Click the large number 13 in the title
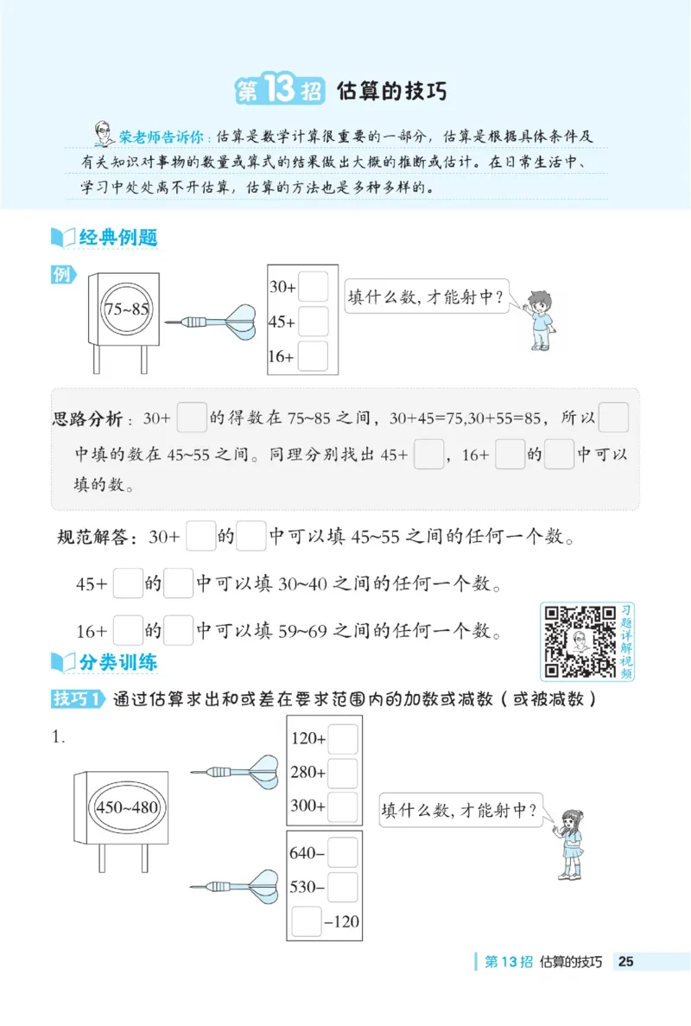tap(279, 91)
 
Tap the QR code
tap(578, 640)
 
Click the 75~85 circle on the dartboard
tap(127, 308)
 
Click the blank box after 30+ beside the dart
tap(313, 287)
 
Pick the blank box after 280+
tap(343, 773)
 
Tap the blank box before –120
tap(307, 921)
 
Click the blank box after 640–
tap(342, 852)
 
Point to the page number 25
tap(626, 961)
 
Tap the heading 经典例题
tap(117, 237)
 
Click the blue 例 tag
tap(63, 275)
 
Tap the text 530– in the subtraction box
tap(307, 886)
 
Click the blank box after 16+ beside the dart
tap(313, 355)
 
